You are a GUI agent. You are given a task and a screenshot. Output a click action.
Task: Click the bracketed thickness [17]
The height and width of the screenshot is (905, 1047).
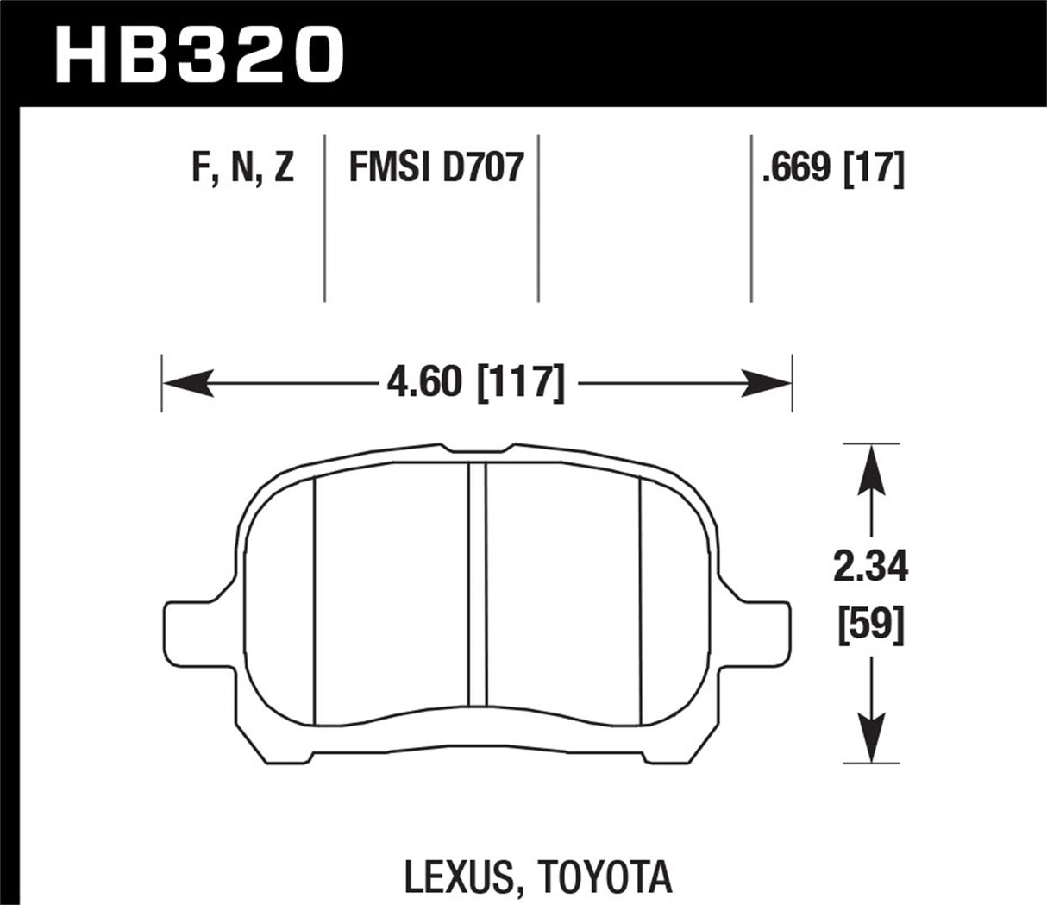[873, 167]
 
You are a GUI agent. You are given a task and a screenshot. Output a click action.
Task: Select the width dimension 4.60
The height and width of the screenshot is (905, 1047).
[424, 382]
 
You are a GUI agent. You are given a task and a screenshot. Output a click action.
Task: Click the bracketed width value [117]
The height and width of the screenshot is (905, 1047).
[521, 382]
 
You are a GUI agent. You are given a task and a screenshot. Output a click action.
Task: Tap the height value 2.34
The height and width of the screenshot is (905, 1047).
[873, 569]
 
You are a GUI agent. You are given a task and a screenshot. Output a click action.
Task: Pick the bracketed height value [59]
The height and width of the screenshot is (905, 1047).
[873, 624]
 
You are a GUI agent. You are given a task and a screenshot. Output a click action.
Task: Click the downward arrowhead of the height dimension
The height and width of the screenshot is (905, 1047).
[873, 738]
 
